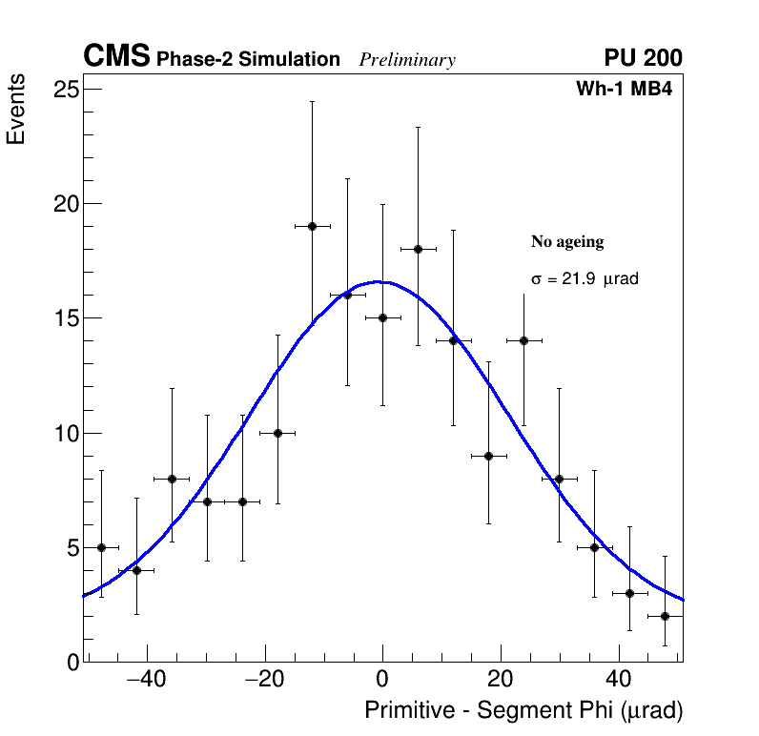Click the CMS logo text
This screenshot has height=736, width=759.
click(116, 57)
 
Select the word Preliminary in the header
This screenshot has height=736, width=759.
click(407, 60)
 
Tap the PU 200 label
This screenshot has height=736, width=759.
click(643, 58)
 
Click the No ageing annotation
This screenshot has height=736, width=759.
click(567, 242)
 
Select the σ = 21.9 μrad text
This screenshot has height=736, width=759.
click(584, 279)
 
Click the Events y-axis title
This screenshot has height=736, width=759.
click(16, 112)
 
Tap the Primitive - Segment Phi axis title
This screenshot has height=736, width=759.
click(523, 710)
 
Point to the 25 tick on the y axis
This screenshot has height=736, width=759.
click(65, 90)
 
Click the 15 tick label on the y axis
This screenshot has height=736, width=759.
click(65, 318)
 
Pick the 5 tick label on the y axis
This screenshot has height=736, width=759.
click(71, 548)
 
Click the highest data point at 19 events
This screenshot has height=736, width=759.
click(312, 226)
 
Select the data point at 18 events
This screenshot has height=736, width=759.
click(418, 249)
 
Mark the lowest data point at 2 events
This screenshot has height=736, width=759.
click(665, 616)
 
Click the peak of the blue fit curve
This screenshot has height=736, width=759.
click(379, 282)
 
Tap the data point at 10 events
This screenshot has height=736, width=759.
click(277, 433)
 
